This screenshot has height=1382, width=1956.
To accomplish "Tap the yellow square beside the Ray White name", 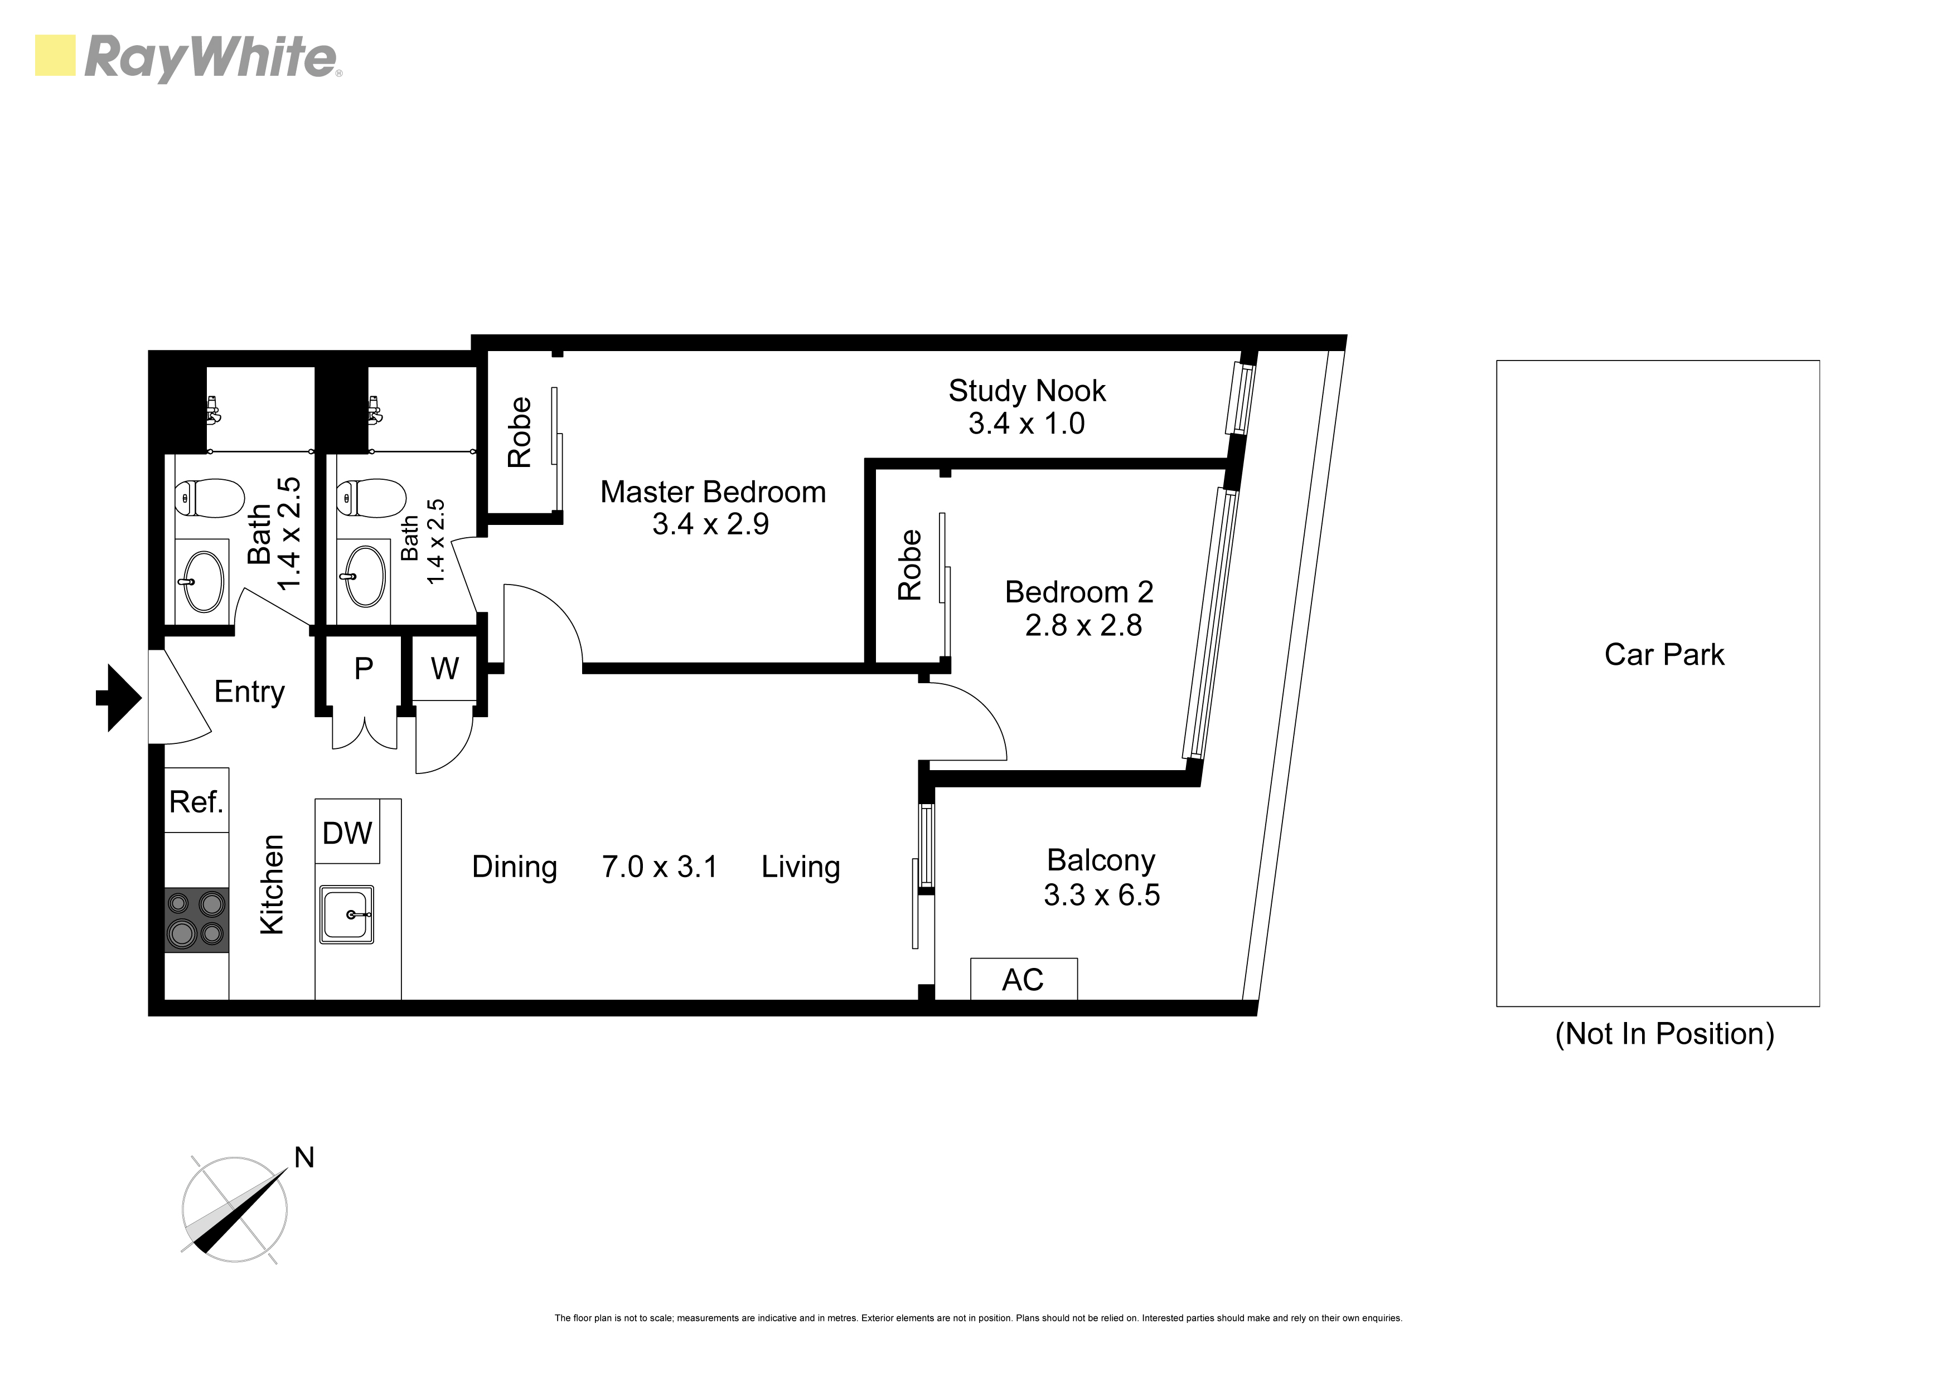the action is click(x=55, y=55).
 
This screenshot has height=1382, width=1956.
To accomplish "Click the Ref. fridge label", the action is click(x=196, y=801).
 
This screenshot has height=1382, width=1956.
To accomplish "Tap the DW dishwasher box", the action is click(x=347, y=832).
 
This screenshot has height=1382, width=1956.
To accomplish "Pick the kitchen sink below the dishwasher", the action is click(x=347, y=914).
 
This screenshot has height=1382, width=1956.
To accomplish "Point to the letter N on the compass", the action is click(x=304, y=1157).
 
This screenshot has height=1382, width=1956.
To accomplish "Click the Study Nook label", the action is click(x=1028, y=391).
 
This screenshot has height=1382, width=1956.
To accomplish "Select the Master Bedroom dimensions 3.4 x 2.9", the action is click(x=710, y=524).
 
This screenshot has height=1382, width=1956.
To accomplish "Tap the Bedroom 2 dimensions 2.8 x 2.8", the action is click(x=1083, y=625).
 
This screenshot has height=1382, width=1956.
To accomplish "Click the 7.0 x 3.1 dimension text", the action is click(x=660, y=867).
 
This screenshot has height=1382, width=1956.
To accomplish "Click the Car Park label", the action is click(x=1664, y=654).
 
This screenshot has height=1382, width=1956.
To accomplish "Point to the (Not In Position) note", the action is click(x=1664, y=1034).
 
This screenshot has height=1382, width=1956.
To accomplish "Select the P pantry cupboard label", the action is click(x=364, y=669).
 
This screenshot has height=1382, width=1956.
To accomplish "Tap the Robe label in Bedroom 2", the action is click(x=910, y=565).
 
